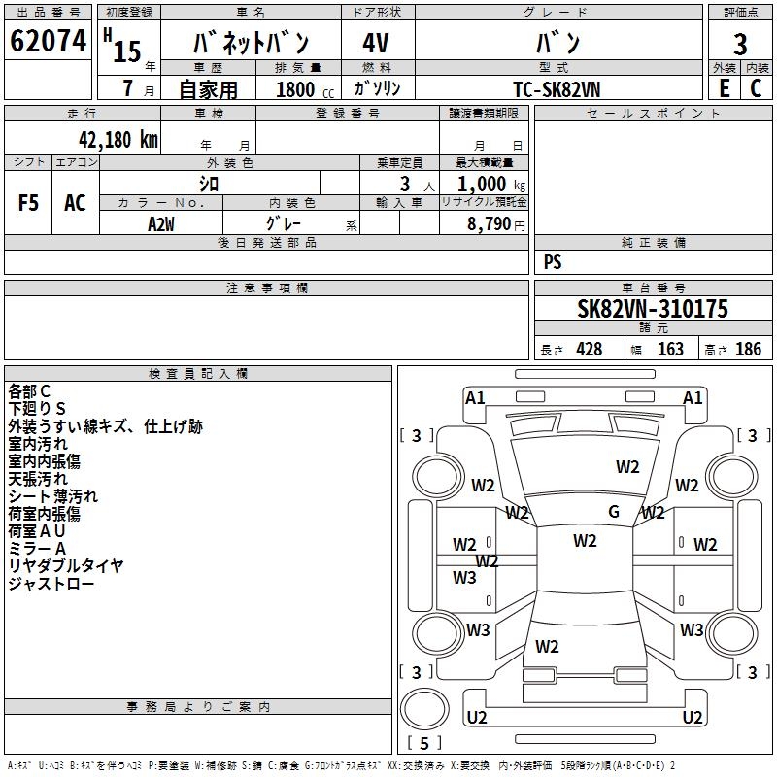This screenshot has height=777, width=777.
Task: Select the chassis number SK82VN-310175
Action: coord(653,309)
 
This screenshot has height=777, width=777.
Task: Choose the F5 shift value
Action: coord(29,203)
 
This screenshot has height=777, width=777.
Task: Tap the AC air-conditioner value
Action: coord(75,203)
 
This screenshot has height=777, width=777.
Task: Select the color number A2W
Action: coord(161,222)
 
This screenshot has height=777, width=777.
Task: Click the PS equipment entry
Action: coord(553,261)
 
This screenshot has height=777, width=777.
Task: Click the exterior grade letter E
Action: coord(724,87)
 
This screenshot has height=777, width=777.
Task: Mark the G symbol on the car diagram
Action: coord(614,512)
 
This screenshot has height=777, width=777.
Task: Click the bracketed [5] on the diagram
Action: coord(425,744)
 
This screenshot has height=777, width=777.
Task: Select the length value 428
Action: coord(589,350)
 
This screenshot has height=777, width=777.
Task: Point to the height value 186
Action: coord(748,350)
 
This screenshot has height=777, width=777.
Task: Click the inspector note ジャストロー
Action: coord(51,584)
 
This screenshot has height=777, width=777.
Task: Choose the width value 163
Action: coord(670,350)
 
